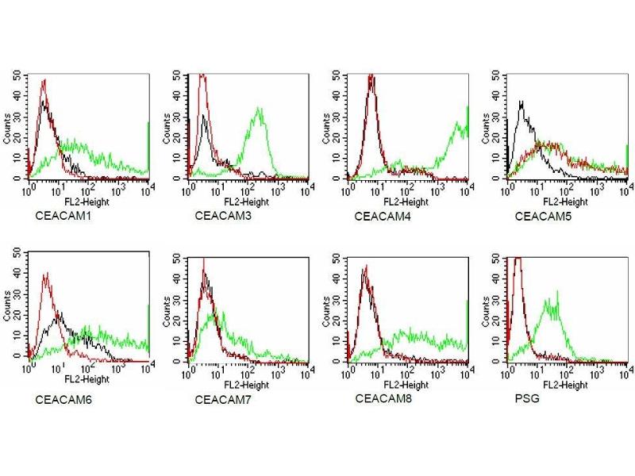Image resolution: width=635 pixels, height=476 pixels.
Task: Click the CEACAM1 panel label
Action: [61, 216]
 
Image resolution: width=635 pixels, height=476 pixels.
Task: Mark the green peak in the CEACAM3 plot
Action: [259, 109]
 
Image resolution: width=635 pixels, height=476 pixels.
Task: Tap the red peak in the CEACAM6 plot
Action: [46, 274]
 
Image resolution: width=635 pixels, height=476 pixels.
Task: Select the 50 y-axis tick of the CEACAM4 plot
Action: [337, 76]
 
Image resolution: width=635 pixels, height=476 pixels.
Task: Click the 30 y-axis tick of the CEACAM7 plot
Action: [178, 300]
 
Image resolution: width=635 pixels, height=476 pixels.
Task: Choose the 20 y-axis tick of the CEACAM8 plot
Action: [337, 321]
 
